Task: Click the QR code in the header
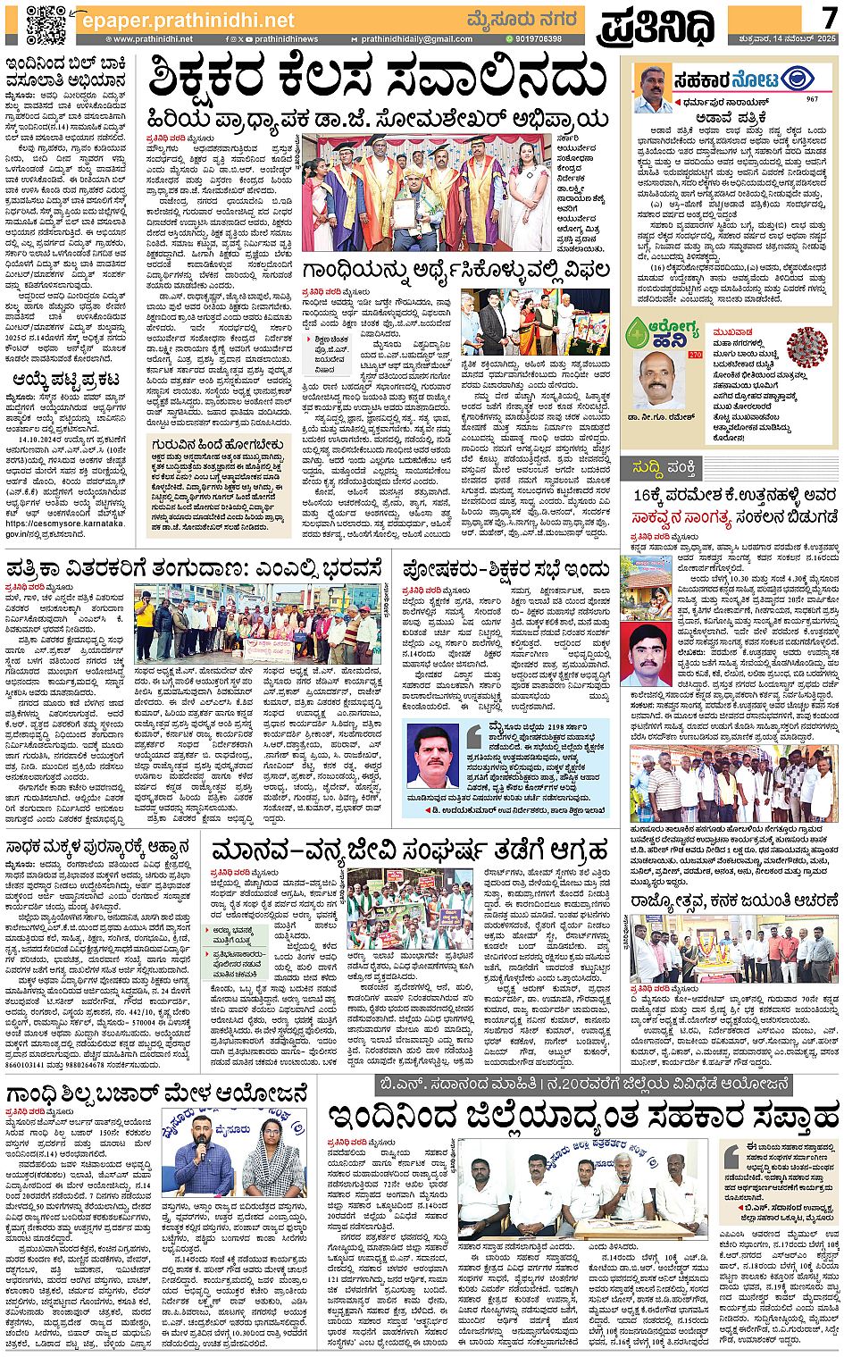[x=45, y=24]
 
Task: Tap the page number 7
[x=828, y=17]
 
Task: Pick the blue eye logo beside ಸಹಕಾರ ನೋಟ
[x=797, y=80]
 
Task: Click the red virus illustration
[x=806, y=347]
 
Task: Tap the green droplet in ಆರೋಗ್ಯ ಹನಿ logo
[x=638, y=334]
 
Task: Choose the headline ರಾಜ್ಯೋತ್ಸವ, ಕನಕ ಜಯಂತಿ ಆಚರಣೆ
[x=732, y=901]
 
